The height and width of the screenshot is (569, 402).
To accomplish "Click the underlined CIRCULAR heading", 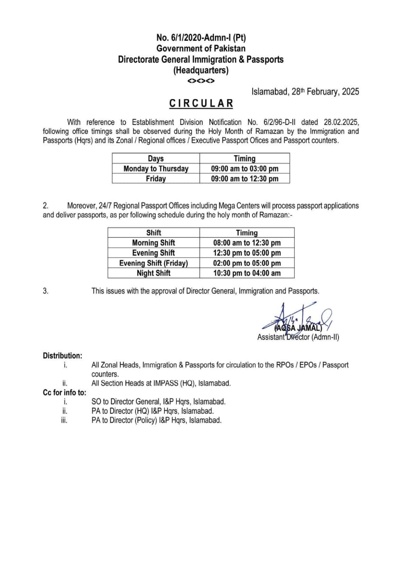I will click(x=201, y=104).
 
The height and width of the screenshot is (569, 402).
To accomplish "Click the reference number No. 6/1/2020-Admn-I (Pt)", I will click(x=201, y=38).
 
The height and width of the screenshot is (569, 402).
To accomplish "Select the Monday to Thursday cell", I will click(x=156, y=168).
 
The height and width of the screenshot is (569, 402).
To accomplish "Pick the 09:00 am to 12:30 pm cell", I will click(x=245, y=179).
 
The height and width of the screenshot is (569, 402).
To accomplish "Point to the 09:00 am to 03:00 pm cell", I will click(x=245, y=168).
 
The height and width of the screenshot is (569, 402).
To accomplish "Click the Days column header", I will click(x=156, y=158).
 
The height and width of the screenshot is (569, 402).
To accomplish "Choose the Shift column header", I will click(x=153, y=232).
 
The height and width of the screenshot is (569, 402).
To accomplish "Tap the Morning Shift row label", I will click(x=153, y=243).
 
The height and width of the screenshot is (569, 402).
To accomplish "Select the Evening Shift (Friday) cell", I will click(x=153, y=263).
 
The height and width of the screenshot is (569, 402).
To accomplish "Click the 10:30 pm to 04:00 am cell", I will click(x=247, y=273).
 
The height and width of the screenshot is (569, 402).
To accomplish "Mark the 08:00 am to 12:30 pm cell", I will click(x=247, y=243).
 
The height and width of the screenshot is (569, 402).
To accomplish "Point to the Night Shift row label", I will click(x=153, y=273).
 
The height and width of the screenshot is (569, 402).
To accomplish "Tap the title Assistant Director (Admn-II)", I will click(x=298, y=337).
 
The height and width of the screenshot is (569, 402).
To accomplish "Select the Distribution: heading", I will click(x=62, y=356).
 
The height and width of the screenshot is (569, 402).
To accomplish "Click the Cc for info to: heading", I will click(x=64, y=392).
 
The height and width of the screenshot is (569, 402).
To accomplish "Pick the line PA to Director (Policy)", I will click(x=156, y=420).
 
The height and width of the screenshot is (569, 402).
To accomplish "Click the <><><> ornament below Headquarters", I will click(x=201, y=81).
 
